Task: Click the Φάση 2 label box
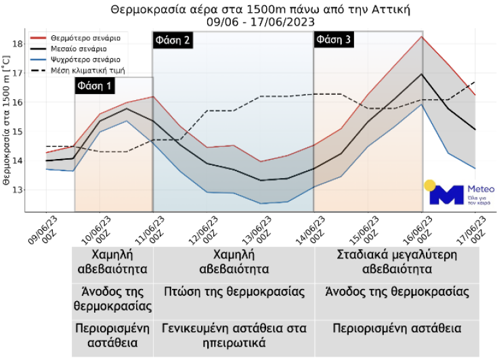tap(173, 40)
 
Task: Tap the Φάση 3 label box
tap(334, 40)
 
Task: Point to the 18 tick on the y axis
tap(18, 44)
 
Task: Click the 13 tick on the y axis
tap(18, 190)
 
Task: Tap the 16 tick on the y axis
tap(18, 102)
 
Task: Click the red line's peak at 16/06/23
tap(423, 37)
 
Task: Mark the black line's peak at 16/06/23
tap(423, 74)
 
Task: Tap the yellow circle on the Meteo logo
tap(429, 184)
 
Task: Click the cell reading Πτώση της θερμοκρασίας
tap(234, 292)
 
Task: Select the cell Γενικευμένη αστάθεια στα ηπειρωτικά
tap(234, 335)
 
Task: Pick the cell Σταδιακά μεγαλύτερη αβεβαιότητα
tap(397, 262)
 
